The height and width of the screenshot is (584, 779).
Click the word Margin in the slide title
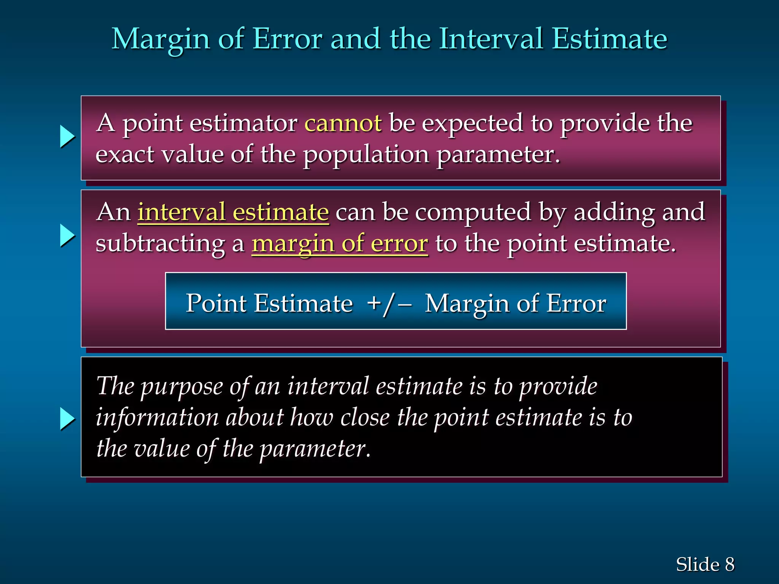point(161,40)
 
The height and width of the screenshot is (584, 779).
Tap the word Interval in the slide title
point(491,39)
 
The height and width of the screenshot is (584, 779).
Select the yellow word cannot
point(343,123)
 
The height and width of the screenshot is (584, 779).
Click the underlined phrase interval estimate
point(233,212)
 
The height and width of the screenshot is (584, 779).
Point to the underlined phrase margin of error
point(340,244)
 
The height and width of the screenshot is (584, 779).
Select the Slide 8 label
point(705,564)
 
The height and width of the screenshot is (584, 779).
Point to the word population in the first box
point(366,155)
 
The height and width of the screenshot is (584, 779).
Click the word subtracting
point(160,244)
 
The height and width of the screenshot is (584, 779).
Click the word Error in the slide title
point(288,39)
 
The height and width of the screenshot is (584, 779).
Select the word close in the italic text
point(365,417)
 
